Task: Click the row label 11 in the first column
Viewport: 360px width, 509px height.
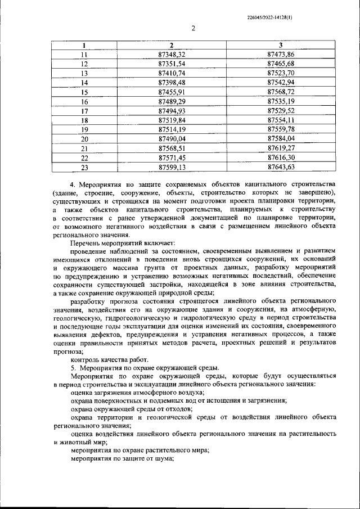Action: pos(84,55)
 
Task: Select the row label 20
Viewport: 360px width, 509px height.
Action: pos(84,139)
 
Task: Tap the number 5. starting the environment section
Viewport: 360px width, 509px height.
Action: pos(73,368)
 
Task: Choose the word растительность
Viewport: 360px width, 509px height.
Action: pos(310,434)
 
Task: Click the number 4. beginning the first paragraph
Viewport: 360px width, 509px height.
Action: pos(73,184)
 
